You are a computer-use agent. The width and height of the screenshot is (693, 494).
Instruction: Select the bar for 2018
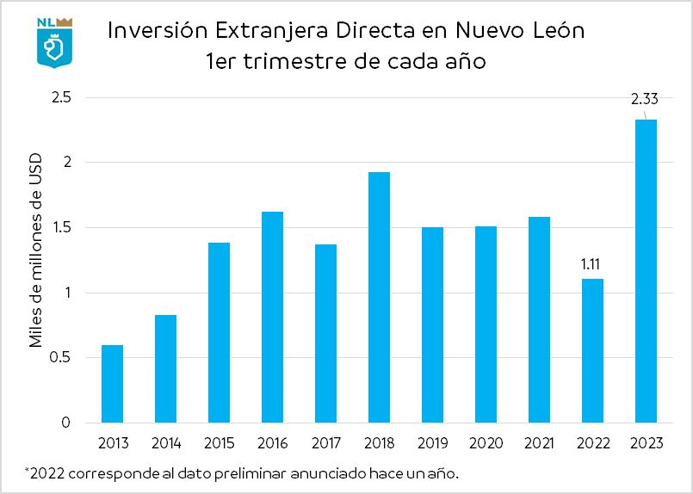point(379,298)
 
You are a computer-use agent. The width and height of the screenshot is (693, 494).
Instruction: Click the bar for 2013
point(113,384)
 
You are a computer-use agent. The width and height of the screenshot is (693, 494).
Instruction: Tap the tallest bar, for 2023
point(645,271)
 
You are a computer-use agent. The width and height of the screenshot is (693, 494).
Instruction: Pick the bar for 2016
point(272,318)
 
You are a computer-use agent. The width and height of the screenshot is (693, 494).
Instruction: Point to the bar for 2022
point(592,351)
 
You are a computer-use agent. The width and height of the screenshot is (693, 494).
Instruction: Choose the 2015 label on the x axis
point(219,443)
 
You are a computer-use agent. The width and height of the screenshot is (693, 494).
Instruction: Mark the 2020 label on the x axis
point(486,443)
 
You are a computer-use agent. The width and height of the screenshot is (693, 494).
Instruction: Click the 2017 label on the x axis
point(325,443)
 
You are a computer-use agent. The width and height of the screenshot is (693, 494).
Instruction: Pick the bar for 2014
point(166,369)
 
